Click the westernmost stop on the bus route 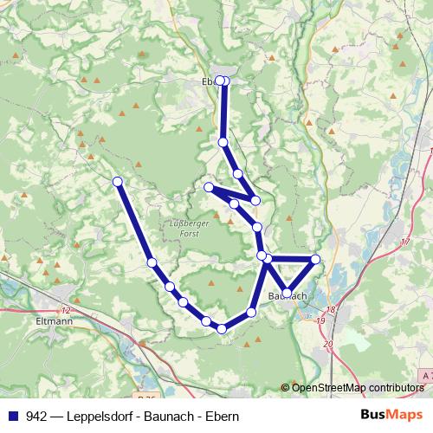tap(118, 181)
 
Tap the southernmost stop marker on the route tap(222, 328)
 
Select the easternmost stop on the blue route tap(315, 260)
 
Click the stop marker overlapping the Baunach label tap(286, 293)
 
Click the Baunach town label tap(288, 296)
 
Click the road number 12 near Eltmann tap(67, 310)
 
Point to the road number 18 tap(330, 308)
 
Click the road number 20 tap(326, 345)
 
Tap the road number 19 tap(320, 321)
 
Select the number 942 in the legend tap(37, 416)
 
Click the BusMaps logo tap(392, 415)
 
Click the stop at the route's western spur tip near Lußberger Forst tap(209, 187)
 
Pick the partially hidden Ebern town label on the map tap(207, 82)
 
